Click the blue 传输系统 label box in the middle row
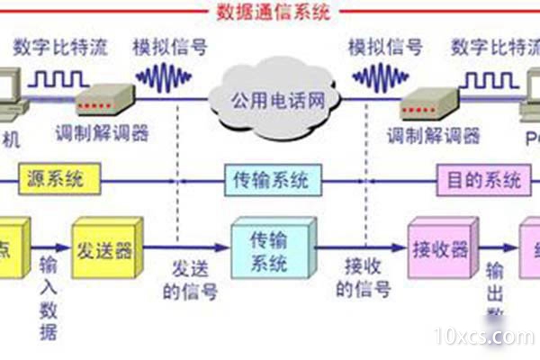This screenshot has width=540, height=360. pos(271,180)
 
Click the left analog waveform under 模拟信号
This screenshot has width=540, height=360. pos(163,78)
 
